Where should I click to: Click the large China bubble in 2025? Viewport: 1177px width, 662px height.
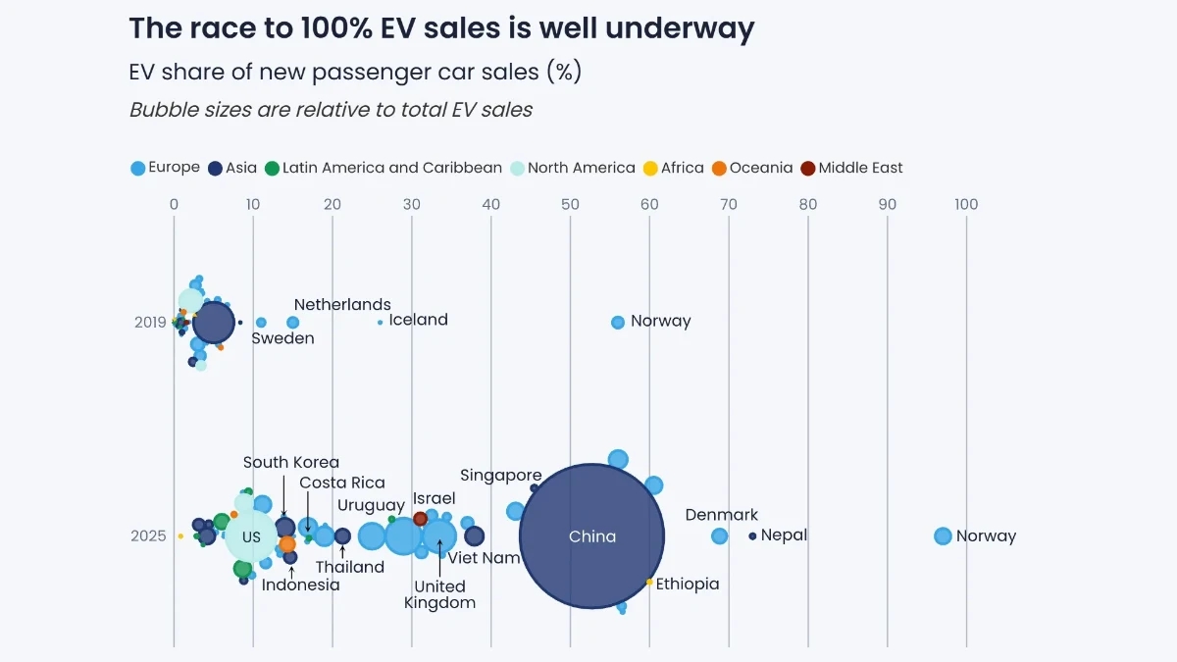tap(591, 536)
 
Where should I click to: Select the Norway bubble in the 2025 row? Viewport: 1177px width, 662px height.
tap(943, 535)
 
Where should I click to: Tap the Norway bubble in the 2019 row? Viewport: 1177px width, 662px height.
tap(618, 322)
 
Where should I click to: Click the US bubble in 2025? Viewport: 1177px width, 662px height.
tap(251, 536)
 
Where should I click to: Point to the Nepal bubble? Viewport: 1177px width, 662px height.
tap(752, 535)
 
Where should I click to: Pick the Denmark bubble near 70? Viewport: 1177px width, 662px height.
tap(719, 535)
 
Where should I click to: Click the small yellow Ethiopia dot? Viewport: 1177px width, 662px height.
tap(649, 582)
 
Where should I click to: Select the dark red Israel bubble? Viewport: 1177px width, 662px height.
tap(421, 518)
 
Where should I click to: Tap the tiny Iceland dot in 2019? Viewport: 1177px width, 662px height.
tap(380, 322)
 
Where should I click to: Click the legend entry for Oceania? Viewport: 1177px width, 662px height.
tap(751, 168)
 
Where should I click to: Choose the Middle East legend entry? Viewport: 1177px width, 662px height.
tap(851, 168)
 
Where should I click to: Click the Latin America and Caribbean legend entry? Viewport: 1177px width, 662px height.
tap(383, 168)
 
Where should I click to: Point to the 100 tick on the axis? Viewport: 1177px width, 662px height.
tap(966, 205)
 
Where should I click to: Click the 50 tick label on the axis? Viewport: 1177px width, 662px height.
tap(570, 205)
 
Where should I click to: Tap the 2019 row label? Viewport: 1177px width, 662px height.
tap(150, 322)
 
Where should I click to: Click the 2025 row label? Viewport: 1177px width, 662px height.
tap(149, 536)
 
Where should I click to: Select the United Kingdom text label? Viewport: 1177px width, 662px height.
tap(439, 594)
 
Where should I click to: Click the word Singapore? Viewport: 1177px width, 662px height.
tap(501, 476)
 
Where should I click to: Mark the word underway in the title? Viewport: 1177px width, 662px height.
tap(680, 28)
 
